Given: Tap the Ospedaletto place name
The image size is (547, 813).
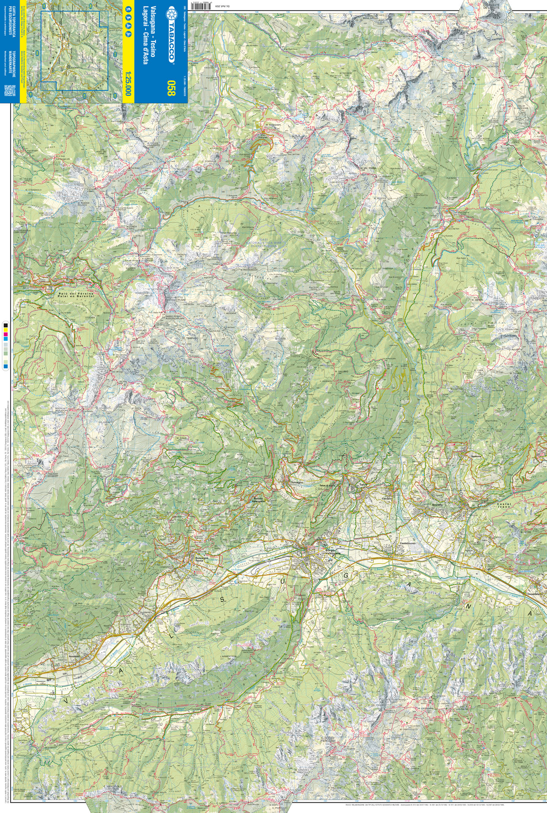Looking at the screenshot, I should pos(535,594).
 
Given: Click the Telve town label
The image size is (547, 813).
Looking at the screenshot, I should pos(363,485).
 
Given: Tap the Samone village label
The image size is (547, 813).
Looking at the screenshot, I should pos(476,456).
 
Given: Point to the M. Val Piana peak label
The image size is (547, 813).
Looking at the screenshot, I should pos(367,168).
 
